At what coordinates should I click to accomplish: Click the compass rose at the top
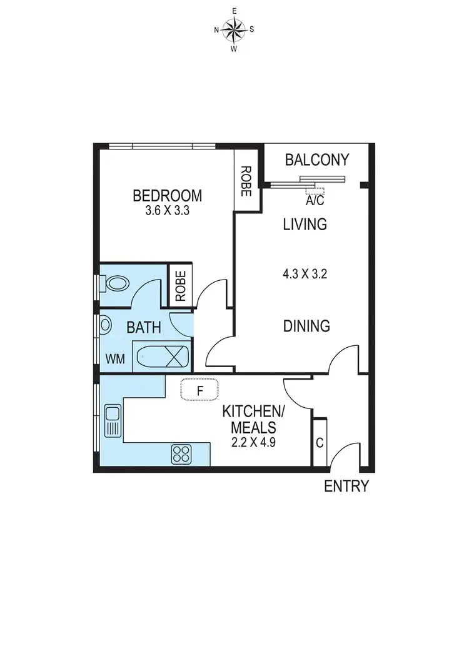click(x=234, y=29)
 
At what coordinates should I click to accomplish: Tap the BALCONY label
click(x=316, y=160)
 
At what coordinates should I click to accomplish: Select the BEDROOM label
click(x=167, y=196)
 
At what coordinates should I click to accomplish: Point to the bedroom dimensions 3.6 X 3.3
click(x=167, y=211)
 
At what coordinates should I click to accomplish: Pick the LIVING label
click(x=305, y=224)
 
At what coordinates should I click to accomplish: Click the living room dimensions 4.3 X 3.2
click(x=306, y=273)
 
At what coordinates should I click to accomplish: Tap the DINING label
click(x=306, y=326)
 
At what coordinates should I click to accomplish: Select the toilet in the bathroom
click(x=115, y=284)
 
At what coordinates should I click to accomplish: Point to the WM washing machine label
click(x=114, y=359)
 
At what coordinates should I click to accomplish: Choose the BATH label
click(x=144, y=327)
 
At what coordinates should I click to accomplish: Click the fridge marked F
click(x=200, y=390)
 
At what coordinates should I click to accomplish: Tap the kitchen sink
click(x=113, y=421)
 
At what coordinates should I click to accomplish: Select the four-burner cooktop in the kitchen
click(x=181, y=454)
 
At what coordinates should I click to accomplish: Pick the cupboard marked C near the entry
click(x=319, y=443)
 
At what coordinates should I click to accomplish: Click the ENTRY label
click(x=346, y=486)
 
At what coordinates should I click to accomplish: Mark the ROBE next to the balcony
click(x=246, y=181)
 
